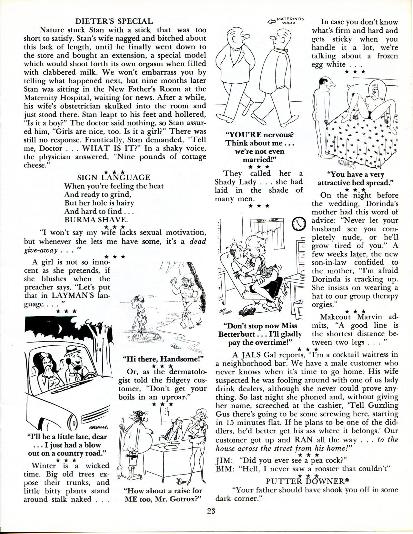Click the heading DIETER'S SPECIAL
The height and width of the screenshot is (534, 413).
[x=114, y=21]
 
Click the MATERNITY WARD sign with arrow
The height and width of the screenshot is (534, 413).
[x=286, y=21]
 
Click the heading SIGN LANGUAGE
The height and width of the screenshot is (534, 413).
[x=114, y=177]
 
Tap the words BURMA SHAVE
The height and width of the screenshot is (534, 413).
[x=96, y=220]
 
